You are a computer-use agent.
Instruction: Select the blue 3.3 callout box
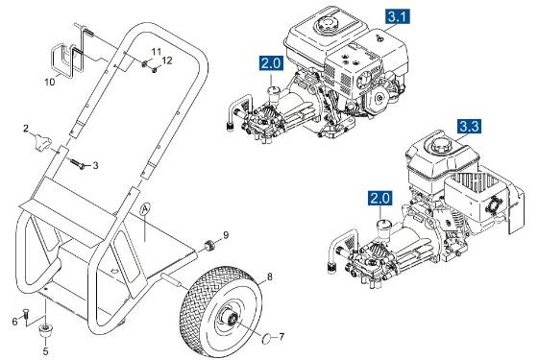[470, 125]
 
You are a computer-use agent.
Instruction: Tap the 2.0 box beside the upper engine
[272, 64]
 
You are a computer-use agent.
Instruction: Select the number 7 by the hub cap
[281, 337]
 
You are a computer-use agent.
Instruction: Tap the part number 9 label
[226, 234]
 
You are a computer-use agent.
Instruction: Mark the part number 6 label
[14, 322]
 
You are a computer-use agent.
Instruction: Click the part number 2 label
[27, 127]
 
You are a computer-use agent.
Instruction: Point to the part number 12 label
[166, 60]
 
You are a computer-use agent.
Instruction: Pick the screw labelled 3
[81, 164]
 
